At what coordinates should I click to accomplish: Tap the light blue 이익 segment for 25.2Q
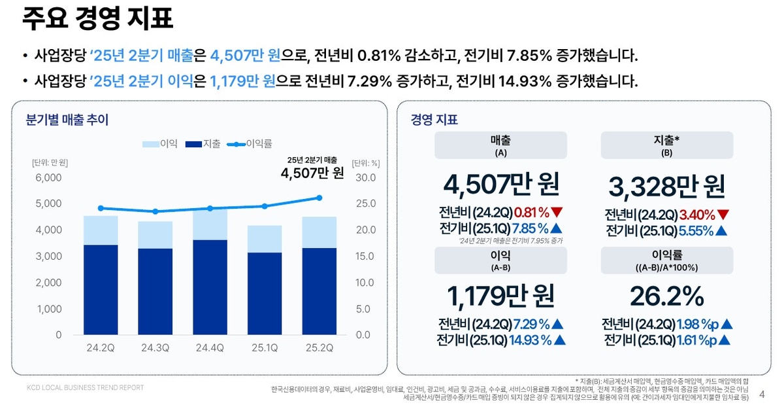pyautogui.click(x=319, y=232)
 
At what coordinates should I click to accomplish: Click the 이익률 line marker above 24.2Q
pyautogui.click(x=101, y=208)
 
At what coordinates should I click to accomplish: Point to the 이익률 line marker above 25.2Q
pyautogui.click(x=319, y=198)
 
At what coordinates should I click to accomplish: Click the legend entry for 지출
pyautogui.click(x=203, y=144)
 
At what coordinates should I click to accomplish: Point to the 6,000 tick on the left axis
pyautogui.click(x=50, y=177)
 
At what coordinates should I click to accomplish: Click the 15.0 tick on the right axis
pyautogui.click(x=365, y=256)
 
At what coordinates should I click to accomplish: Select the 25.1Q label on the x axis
pyautogui.click(x=265, y=347)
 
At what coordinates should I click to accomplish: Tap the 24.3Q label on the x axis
pyautogui.click(x=155, y=347)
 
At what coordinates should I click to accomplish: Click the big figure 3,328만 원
pyautogui.click(x=666, y=187)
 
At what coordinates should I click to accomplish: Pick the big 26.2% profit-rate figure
pyautogui.click(x=666, y=296)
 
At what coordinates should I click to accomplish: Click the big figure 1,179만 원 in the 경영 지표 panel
pyautogui.click(x=500, y=296)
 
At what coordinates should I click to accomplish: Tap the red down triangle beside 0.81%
pyautogui.click(x=557, y=212)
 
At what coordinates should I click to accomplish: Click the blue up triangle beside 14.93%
pyautogui.click(x=559, y=340)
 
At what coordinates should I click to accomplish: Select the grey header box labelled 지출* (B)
pyautogui.click(x=666, y=145)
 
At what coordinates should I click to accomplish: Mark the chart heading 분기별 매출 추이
pyautogui.click(x=67, y=120)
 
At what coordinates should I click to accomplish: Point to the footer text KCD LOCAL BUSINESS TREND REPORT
pyautogui.click(x=86, y=387)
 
